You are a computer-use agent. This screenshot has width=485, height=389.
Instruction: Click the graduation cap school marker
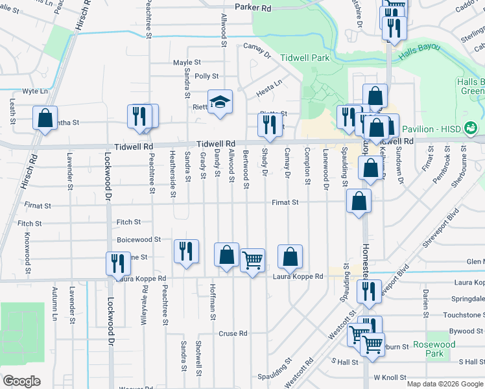pos(220,102)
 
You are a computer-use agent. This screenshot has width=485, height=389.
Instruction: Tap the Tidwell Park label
pos(305,58)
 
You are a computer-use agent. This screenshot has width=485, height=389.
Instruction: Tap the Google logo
pos(22,381)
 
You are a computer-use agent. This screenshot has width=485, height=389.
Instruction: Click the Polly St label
pos(207,76)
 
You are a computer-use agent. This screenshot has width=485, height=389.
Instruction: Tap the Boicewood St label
pos(138,239)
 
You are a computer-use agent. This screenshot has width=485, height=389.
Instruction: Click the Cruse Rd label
pos(233,334)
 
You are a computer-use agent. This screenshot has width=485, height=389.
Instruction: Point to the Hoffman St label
pos(212,302)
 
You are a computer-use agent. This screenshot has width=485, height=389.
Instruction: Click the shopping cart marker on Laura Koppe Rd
pos(252,259)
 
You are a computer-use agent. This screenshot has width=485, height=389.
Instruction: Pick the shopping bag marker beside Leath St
pos(45,117)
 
